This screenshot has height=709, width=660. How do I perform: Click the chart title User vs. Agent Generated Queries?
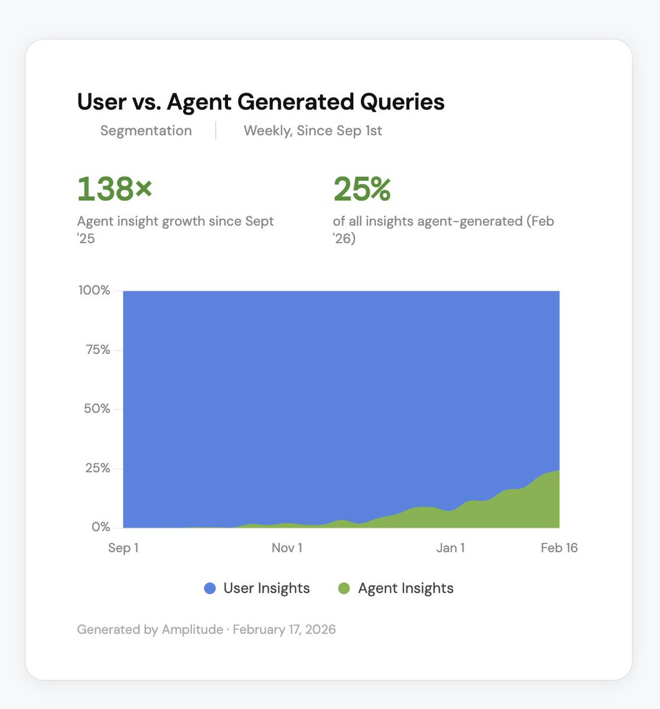click(261, 102)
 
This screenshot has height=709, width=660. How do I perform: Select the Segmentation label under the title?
click(146, 131)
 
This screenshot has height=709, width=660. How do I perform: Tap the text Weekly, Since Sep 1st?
click(313, 131)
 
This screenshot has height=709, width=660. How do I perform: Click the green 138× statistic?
click(115, 189)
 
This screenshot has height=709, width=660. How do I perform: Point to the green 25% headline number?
click(362, 189)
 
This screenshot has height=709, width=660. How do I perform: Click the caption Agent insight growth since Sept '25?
click(175, 229)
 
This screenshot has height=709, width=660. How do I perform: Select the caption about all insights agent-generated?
click(443, 229)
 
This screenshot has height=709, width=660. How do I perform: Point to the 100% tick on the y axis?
click(95, 290)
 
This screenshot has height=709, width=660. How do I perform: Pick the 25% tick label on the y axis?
click(97, 468)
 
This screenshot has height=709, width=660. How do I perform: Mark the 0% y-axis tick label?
click(100, 526)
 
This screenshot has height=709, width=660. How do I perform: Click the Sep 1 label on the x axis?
click(123, 548)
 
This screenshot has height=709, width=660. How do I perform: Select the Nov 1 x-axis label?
click(287, 548)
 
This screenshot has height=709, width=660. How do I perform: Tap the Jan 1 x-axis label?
click(450, 548)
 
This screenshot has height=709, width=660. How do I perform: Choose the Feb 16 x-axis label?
click(559, 548)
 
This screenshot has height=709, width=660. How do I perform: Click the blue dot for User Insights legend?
click(210, 588)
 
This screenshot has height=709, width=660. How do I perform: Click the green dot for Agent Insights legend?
click(344, 588)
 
